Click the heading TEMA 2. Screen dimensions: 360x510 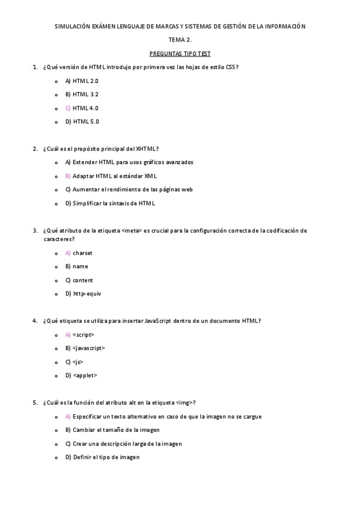[180, 40]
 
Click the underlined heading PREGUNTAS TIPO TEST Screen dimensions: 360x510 [180, 54]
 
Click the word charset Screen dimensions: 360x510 [82, 253]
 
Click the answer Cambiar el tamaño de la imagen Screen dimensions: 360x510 [112, 430]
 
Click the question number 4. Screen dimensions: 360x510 [35, 321]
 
